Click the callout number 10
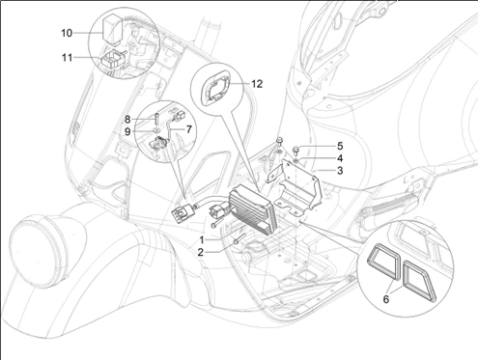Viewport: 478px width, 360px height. tap(67, 33)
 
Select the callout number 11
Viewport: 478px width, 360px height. tap(67, 58)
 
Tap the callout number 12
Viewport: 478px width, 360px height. tap(257, 84)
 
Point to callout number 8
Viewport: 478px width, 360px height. tap(127, 120)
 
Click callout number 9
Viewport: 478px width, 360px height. tap(127, 131)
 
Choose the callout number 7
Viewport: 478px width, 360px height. tap(188, 129)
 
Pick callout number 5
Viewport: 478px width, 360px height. tap(340, 146)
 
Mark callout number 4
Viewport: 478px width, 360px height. tap(340, 158)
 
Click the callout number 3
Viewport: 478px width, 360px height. tap(340, 171)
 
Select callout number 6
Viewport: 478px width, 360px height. tap(386, 299)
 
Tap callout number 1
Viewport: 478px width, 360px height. tap(202, 240)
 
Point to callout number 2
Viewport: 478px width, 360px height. tap(201, 252)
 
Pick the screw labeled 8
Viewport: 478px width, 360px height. tap(156, 119)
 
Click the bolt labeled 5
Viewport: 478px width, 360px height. tap(295, 151)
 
